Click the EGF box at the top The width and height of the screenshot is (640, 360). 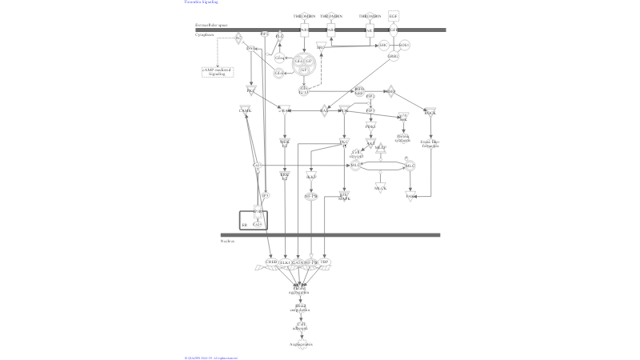393,16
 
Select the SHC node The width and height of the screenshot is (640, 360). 383,45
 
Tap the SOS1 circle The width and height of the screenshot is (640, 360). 404,45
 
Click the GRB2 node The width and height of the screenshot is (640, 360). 393,57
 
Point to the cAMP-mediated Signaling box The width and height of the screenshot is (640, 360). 217,72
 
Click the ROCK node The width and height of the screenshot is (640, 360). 430,113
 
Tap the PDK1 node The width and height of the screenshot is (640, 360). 370,126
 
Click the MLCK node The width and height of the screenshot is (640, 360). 381,188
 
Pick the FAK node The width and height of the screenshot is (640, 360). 410,196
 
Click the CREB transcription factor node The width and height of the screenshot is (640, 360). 272,262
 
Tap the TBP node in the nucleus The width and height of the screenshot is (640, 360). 325,262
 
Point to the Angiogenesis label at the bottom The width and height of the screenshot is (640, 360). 301,344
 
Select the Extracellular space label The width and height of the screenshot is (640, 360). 211,26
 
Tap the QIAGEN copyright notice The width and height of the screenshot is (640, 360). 210,358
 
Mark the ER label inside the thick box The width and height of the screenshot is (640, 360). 245,226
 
